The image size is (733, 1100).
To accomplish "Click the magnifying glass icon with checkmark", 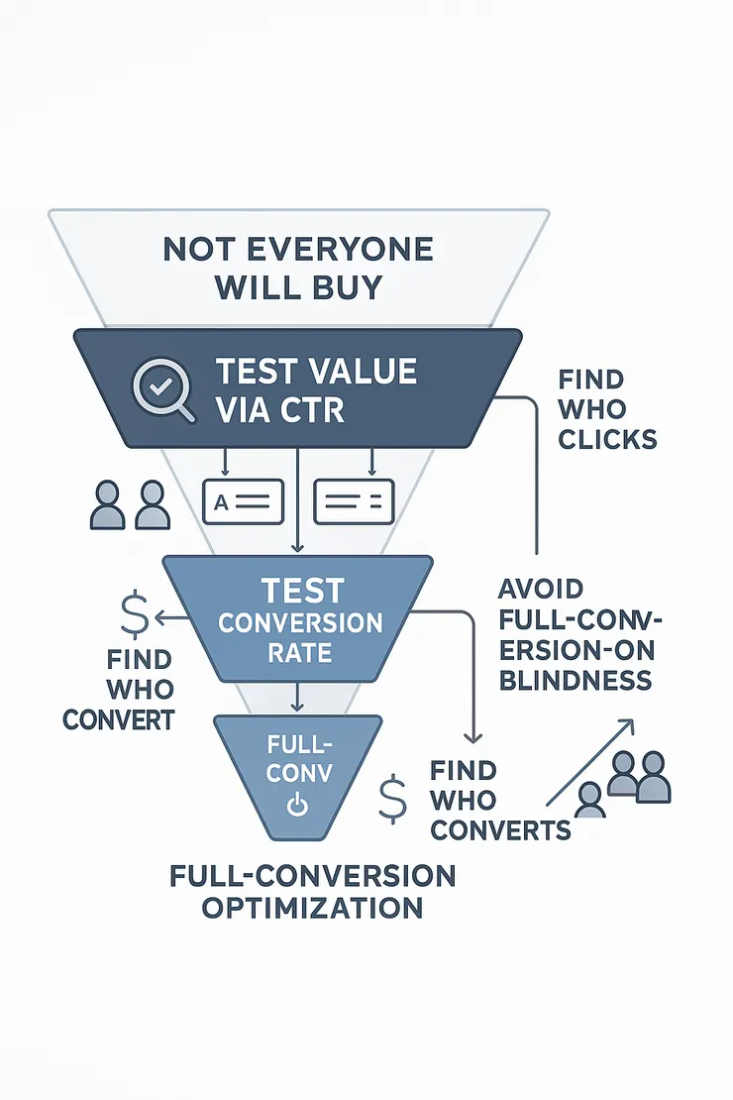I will [x=160, y=386].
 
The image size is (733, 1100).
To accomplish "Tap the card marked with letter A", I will [x=242, y=501].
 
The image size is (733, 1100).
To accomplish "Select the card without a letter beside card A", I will [x=354, y=501].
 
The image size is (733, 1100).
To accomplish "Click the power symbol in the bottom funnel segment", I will [x=295, y=806].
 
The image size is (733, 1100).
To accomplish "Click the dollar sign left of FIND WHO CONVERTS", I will [x=392, y=798].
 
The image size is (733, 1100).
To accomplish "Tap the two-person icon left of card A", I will [x=130, y=505].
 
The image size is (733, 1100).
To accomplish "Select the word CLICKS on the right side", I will [x=607, y=438].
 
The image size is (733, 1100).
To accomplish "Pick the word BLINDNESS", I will [x=575, y=680].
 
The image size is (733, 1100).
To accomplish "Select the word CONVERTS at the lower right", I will [x=501, y=829].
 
